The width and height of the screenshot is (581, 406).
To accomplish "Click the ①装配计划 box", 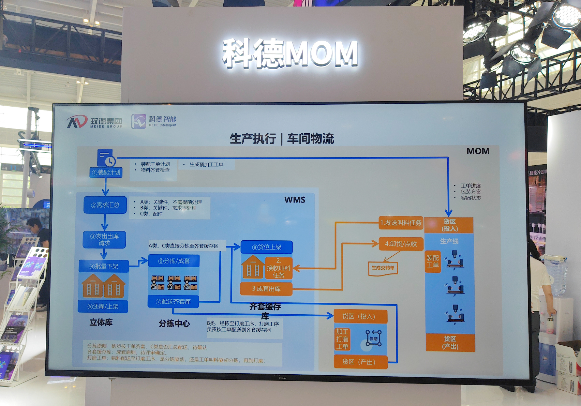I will [106, 172].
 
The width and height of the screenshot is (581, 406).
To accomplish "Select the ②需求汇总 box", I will [105, 205].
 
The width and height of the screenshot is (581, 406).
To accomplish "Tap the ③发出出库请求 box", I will [104, 239].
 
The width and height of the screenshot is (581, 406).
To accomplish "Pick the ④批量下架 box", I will [104, 266].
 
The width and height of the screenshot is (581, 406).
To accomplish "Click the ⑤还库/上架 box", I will [103, 306].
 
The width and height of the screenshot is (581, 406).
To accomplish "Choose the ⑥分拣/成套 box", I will [174, 261].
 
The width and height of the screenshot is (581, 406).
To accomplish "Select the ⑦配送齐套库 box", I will [173, 301].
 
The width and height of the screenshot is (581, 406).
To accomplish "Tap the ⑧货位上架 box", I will [267, 247].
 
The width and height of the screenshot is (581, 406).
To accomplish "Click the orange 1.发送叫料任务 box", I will [401, 223].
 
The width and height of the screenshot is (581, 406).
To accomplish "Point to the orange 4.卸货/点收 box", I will [401, 244].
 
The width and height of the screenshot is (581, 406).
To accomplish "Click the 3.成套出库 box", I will [266, 289].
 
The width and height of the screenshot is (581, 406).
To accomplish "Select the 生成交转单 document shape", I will [383, 268].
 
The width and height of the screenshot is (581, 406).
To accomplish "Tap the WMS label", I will [295, 200].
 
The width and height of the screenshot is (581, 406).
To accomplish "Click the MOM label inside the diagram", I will [478, 151].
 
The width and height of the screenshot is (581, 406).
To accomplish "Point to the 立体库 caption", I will [101, 322].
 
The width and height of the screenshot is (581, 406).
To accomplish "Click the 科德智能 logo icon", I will [139, 121].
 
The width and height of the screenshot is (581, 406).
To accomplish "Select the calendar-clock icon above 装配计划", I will [106, 158].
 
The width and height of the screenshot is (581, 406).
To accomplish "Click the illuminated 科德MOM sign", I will [290, 53].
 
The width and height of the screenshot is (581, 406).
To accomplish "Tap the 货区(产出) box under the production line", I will [450, 343].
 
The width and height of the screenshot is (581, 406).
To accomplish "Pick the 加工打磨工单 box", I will [342, 339].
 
